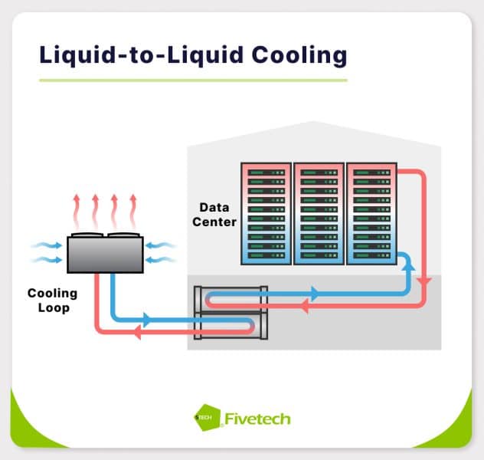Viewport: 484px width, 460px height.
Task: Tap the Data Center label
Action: point(217,215)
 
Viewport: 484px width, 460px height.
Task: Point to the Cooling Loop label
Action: point(53,301)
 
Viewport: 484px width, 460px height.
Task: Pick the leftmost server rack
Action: point(266,213)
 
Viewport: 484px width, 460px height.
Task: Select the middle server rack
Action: point(319,213)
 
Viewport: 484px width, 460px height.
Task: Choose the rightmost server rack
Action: point(371,213)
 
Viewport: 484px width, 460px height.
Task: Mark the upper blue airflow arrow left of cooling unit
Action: point(47,246)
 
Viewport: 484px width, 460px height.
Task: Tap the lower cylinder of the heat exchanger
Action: point(230,326)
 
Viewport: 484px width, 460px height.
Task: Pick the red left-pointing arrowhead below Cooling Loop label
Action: point(137,332)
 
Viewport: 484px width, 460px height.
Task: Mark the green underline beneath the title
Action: point(192,79)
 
